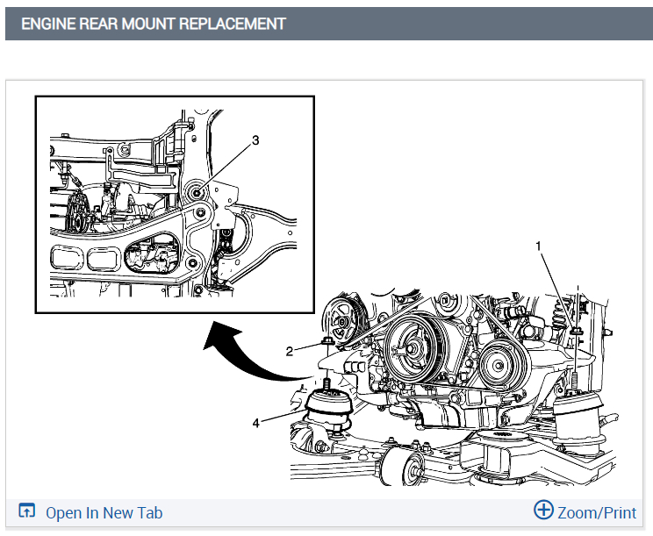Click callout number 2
coord(289,351)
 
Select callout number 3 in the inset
coord(255,139)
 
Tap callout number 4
coord(256,422)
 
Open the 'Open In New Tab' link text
coord(104,513)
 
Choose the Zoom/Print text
coord(597,512)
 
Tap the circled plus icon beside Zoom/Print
coord(544,511)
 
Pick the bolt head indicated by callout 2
coord(327,340)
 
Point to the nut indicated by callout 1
coord(575,331)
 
